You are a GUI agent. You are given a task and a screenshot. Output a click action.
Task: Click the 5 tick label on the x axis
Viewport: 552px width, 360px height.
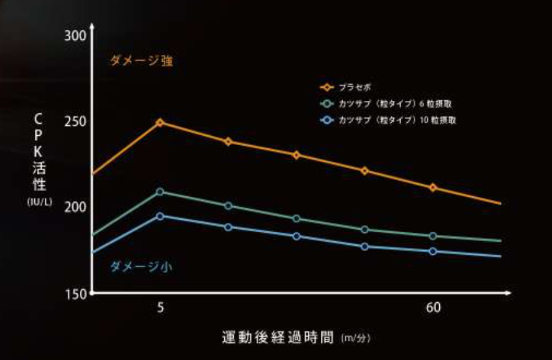coord(161,308)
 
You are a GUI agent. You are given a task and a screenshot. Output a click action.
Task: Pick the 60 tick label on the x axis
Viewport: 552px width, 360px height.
coord(434,308)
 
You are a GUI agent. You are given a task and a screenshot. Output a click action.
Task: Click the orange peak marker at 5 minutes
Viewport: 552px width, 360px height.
coord(160,123)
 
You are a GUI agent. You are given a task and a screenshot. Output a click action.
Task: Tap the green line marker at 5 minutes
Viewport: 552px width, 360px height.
coord(160,192)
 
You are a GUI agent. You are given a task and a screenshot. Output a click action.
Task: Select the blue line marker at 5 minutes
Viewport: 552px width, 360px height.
coord(160,216)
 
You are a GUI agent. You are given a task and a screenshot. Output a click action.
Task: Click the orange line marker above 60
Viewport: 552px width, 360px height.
coord(434,187)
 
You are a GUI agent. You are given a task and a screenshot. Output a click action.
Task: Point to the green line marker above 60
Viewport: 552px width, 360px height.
coord(434,236)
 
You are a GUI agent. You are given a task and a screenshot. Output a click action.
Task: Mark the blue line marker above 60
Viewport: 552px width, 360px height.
coord(434,251)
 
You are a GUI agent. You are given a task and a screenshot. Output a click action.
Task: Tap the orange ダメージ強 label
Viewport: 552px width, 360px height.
coord(141,61)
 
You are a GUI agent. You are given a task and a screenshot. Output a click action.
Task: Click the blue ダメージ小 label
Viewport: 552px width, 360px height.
coord(141,267)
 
